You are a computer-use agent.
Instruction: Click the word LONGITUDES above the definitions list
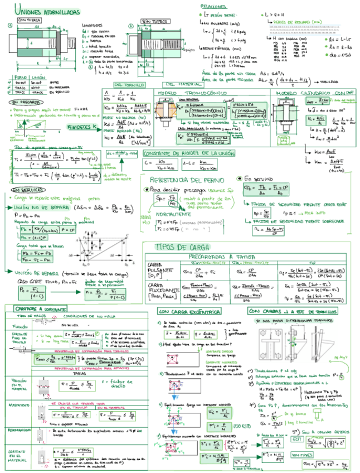92,25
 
